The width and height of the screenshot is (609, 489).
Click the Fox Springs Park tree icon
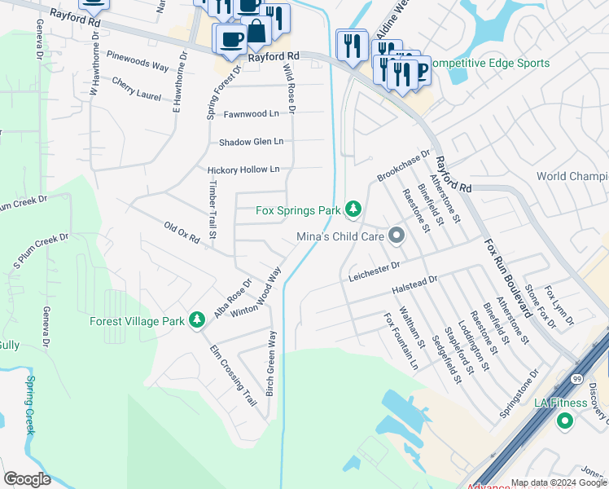[x=353, y=210]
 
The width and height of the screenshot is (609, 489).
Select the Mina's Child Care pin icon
[x=397, y=236]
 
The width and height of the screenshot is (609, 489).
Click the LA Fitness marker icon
[x=564, y=421]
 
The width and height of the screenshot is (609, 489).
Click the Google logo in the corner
[x=27, y=479]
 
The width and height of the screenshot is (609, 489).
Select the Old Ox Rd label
[x=182, y=232]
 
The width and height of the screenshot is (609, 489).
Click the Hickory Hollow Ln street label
[x=243, y=170]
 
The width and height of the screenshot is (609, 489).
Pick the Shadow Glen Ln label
[x=251, y=142]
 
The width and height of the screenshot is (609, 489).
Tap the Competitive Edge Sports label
[x=489, y=63]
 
